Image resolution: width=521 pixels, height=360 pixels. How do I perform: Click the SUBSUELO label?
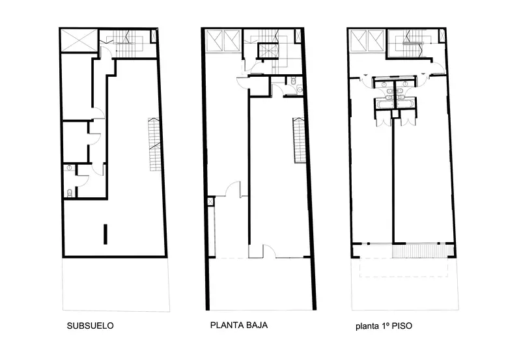point(90,325)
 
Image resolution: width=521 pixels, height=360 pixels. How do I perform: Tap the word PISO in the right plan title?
point(402,325)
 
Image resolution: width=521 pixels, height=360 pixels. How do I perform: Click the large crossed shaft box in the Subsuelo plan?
point(79,40)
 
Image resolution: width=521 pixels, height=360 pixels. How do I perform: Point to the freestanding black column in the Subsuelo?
point(106,234)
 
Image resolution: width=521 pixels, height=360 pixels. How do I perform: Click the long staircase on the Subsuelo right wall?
point(154,145)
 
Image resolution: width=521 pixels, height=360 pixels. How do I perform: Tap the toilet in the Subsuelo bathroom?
point(70,193)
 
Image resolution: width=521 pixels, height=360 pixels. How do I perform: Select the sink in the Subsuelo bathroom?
point(69,168)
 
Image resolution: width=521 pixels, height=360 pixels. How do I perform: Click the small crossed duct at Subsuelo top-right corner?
point(154,36)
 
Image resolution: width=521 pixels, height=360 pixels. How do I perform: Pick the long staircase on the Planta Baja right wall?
point(299,140)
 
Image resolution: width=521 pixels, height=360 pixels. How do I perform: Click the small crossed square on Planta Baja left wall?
point(210,201)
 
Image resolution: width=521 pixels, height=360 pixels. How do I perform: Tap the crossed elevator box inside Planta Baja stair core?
point(268,51)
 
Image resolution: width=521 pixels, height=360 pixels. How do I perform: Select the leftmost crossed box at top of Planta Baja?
point(214,40)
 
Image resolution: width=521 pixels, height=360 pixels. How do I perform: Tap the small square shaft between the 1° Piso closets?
point(395,113)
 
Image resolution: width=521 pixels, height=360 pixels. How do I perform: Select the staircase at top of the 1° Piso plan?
point(412,43)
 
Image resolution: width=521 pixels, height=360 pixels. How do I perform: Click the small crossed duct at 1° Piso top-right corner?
point(442,36)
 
